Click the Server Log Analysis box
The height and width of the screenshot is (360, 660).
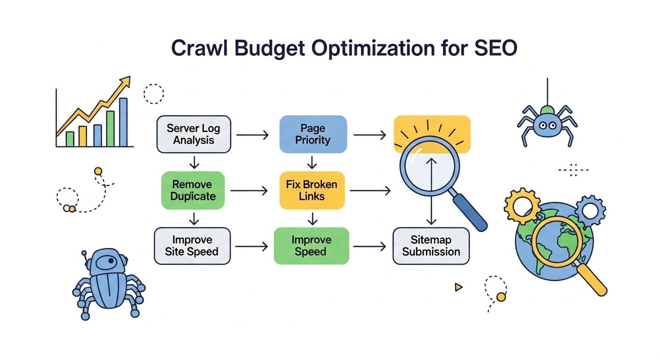194,134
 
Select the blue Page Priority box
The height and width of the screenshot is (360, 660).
313,134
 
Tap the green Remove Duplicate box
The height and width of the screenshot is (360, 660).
193,190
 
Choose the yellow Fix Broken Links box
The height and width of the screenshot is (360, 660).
312,190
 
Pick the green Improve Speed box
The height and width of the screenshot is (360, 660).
311,246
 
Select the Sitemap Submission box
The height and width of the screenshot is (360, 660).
431,246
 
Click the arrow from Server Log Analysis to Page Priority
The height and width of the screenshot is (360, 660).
253,135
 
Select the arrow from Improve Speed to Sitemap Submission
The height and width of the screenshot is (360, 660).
369,246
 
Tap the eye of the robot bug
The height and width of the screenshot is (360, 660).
111,261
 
